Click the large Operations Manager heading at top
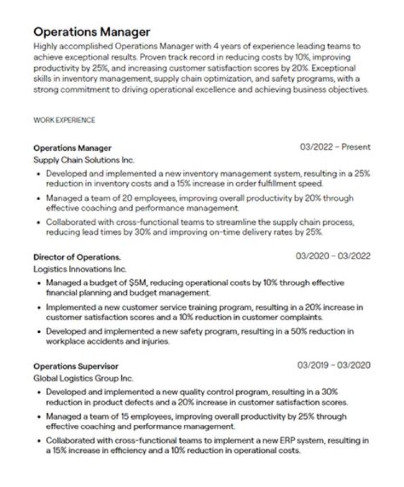[x=92, y=30]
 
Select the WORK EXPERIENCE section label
[x=64, y=120]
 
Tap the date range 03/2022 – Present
[x=335, y=147]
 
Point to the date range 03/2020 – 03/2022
[x=333, y=257]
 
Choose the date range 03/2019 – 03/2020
[x=333, y=365]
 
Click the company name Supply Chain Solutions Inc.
[x=84, y=160]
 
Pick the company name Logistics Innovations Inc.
[x=80, y=269]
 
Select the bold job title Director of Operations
[x=77, y=257]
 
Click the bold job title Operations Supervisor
[x=76, y=367]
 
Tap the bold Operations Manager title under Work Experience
[x=72, y=148]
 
